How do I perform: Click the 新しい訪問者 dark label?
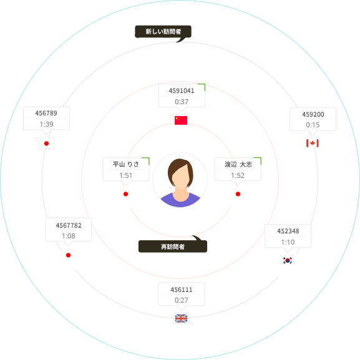pyautogui.click(x=163, y=32)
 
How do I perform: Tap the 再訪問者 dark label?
pyautogui.click(x=173, y=246)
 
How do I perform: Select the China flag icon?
pyautogui.click(x=181, y=120)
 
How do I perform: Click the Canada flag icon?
pyautogui.click(x=313, y=144)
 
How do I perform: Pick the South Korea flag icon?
pyautogui.click(x=288, y=260)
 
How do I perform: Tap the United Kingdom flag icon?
pyautogui.click(x=181, y=318)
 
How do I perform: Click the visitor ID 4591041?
pyautogui.click(x=182, y=90)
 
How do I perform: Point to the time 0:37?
pyautogui.click(x=182, y=102)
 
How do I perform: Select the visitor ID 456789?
pyautogui.click(x=46, y=113)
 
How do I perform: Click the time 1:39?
pyautogui.click(x=46, y=124)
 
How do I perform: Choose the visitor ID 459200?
pyautogui.click(x=313, y=114)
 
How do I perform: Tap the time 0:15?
pyautogui.click(x=313, y=125)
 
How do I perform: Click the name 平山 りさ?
pyautogui.click(x=126, y=164)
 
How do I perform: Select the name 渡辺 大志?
pyautogui.click(x=238, y=164)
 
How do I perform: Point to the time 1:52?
pyautogui.click(x=238, y=175)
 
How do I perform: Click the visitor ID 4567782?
pyautogui.click(x=69, y=225)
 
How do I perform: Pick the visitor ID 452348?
pyautogui.click(x=288, y=231)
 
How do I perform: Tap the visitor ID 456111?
pyautogui.click(x=182, y=289)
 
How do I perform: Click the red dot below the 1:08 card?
pyautogui.click(x=68, y=255)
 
